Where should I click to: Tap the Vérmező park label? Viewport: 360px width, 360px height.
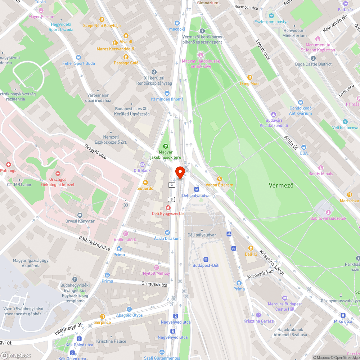coord(281,185)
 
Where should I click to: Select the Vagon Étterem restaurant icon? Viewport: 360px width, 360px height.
coord(219,179)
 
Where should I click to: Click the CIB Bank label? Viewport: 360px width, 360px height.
coord(142,170)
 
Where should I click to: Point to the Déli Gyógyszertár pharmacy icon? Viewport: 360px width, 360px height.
coord(168,208)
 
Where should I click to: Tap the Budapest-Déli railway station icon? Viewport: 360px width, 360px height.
coord(206,259)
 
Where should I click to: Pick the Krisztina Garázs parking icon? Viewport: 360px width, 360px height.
coord(258,315)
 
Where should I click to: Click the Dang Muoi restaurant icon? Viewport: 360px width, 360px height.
coord(250,77)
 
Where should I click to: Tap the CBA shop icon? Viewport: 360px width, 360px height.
coord(303,147)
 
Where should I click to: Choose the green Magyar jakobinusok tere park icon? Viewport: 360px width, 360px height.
coord(165,146)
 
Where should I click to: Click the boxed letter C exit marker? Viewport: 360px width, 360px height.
coord(171,185)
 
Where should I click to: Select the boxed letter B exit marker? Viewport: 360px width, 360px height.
coord(171,199)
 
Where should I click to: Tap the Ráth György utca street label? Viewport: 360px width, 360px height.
coord(94,243)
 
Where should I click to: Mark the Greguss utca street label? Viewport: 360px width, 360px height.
coord(154,284)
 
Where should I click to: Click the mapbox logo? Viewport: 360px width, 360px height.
coord(16,355)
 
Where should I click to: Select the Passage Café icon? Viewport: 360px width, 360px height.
coord(126,57)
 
